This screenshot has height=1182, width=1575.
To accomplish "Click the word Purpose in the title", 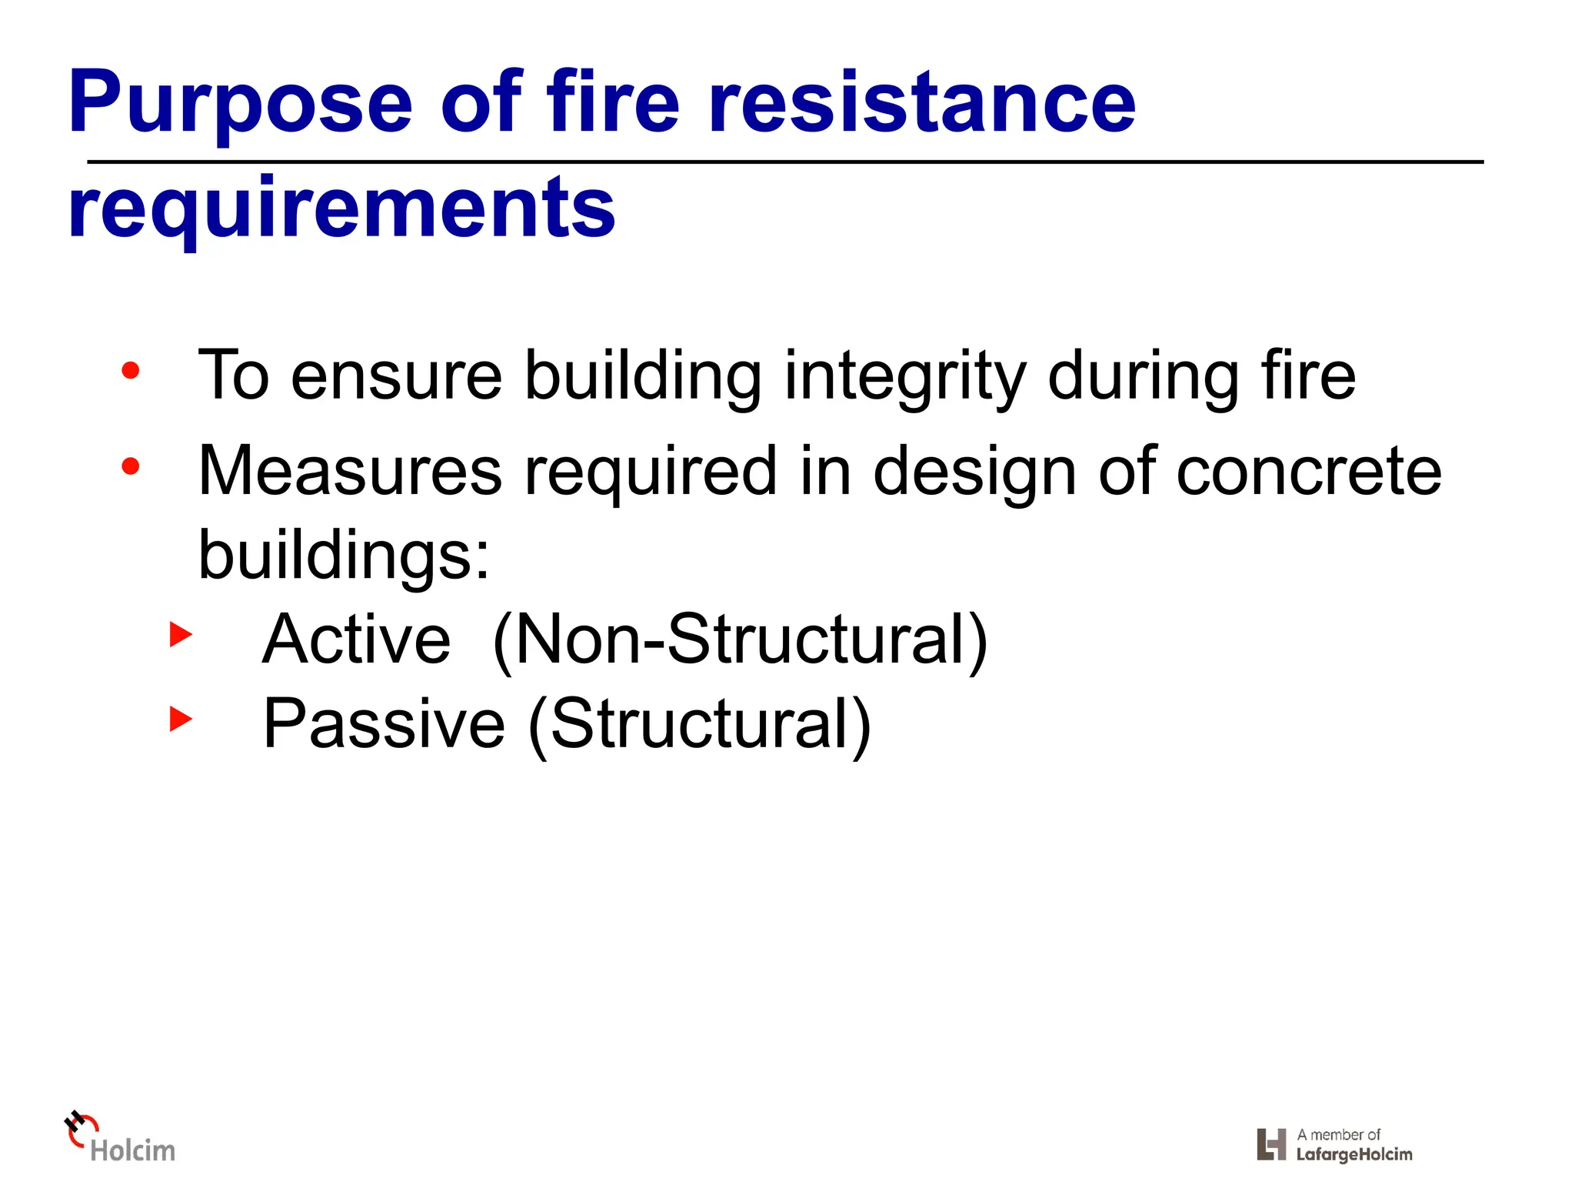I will pos(241,104).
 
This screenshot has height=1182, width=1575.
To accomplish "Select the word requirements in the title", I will pos(341,208).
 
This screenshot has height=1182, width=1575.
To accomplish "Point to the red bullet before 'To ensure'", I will pos(131,372).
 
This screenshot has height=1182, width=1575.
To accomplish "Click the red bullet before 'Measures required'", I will pos(131,466).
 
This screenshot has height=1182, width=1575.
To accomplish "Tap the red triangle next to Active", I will pos(181,636).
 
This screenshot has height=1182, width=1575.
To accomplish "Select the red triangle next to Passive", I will pos(181,720).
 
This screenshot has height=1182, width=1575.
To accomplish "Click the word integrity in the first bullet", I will pos(904,377).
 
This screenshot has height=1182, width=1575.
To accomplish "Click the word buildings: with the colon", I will pos(344,556).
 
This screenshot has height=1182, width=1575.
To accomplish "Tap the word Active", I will pos(356,639).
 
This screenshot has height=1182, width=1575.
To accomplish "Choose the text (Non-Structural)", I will pos(740,640).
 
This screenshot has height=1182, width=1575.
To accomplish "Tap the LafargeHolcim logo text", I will pos(1354,1154).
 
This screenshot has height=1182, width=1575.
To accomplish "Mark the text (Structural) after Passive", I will pos(699,724).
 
